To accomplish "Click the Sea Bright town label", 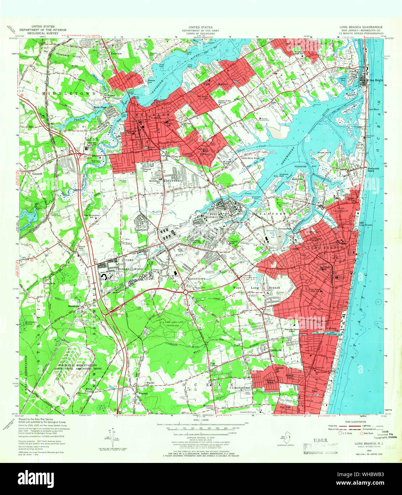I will coord(376,80).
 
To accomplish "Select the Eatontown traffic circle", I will coord(186,292).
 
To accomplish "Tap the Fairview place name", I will coord(116,53).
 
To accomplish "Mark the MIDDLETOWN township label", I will coord(69,93).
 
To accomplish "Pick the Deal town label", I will coord(314,391).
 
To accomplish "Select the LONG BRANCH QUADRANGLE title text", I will coord(361,27).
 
